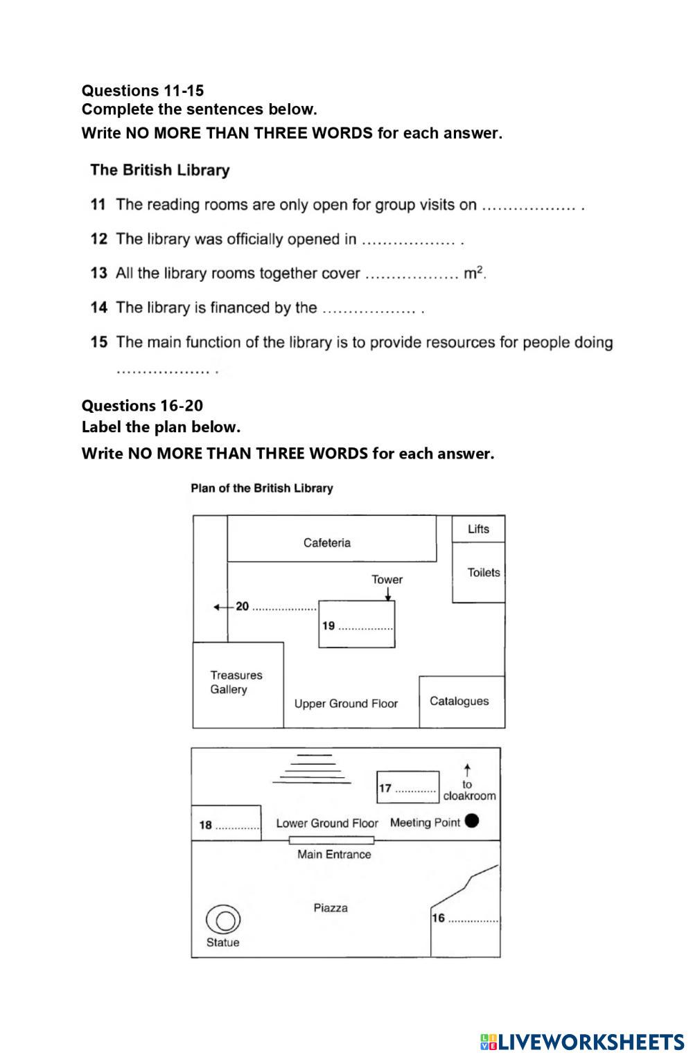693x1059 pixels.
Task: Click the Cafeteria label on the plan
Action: [326, 543]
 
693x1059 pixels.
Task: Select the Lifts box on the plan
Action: [478, 529]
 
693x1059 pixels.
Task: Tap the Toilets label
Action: [483, 573]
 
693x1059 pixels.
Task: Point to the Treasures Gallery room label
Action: [236, 682]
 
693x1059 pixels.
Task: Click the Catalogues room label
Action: [459, 701]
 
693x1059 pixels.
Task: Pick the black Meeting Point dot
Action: [472, 821]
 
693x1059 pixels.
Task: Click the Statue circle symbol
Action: [223, 920]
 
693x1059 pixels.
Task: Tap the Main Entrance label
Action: [334, 855]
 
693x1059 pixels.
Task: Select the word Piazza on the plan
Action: [331, 908]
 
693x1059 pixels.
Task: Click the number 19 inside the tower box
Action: [328, 625]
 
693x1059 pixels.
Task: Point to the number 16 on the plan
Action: [438, 918]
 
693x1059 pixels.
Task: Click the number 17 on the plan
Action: [385, 788]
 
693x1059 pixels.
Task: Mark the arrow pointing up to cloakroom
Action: [468, 769]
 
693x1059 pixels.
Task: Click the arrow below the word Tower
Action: [387, 594]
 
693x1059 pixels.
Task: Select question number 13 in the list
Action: [98, 273]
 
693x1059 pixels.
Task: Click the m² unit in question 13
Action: [474, 273]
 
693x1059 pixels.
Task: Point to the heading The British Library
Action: [159, 170]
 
